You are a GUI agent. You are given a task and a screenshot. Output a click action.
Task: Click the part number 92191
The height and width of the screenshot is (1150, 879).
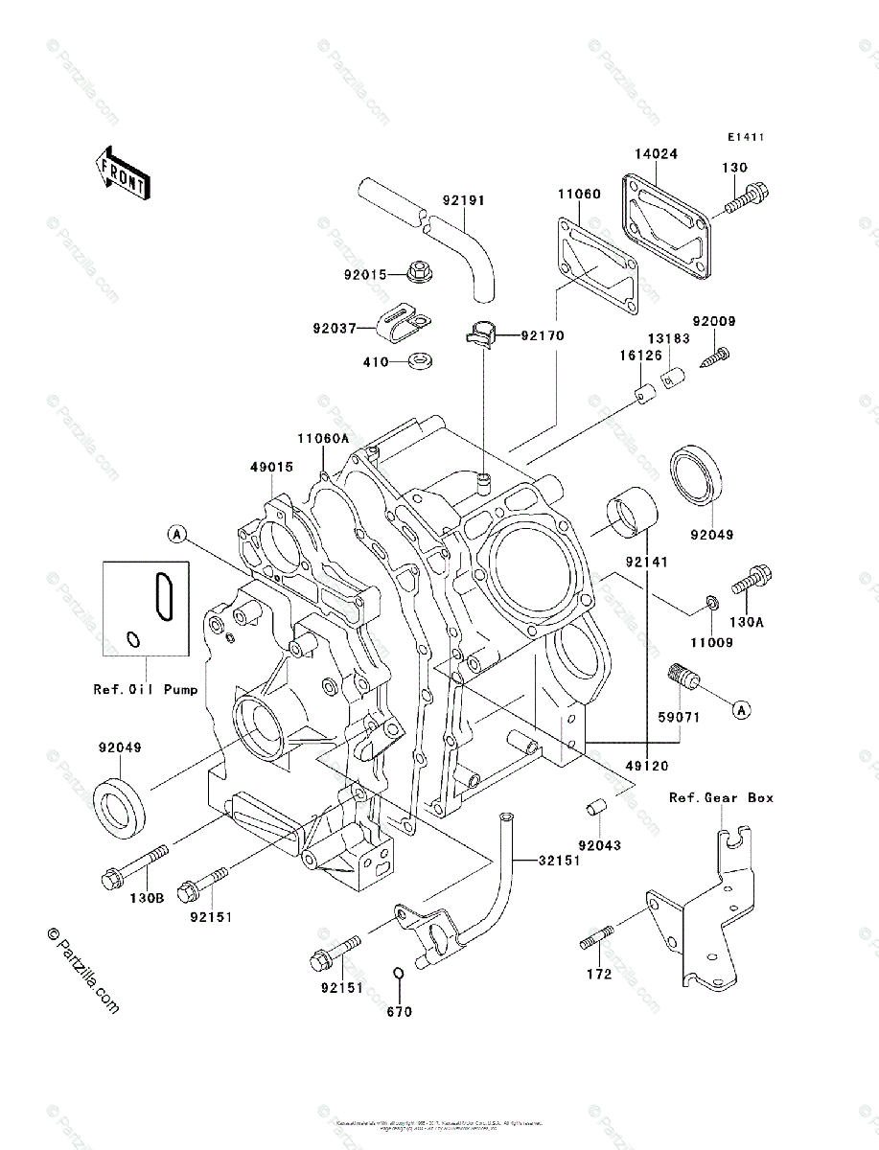pos(464,201)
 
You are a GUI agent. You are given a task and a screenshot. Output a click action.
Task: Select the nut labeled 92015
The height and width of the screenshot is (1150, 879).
pos(418,274)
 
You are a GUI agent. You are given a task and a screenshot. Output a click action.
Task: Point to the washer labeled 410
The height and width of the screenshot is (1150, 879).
pos(419,362)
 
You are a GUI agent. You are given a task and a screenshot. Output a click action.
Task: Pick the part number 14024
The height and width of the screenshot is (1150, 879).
pos(656,152)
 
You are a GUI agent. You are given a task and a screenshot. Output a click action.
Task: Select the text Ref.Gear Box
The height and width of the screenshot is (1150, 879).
pos(721,797)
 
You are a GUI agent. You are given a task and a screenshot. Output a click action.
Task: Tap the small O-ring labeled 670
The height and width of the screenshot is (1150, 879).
pos(398,976)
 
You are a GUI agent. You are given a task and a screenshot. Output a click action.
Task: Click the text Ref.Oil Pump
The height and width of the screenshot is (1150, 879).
pos(145,688)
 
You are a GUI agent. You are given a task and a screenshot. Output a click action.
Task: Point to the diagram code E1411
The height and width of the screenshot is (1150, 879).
pos(745,137)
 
